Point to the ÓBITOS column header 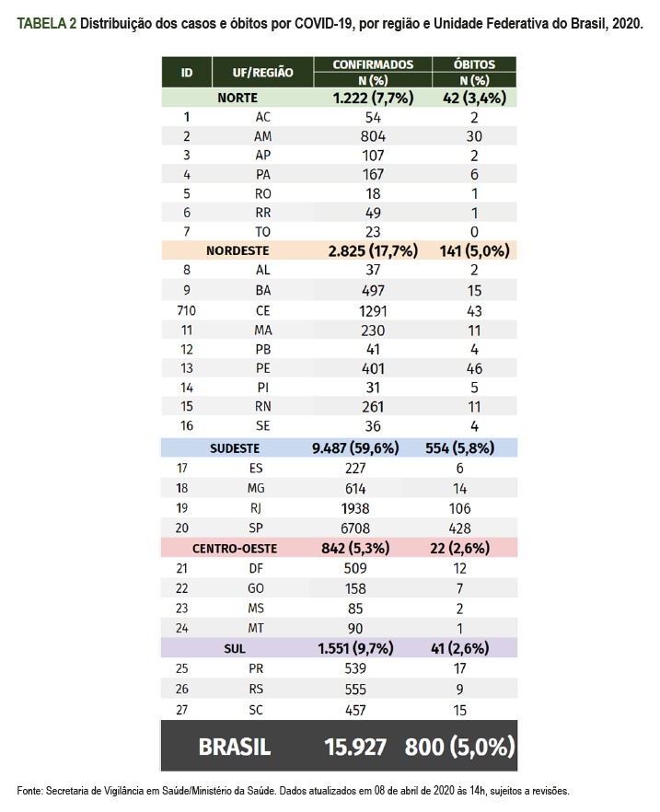click(475, 64)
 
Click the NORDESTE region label click(237, 249)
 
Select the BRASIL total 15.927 click(355, 747)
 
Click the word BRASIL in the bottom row click(235, 747)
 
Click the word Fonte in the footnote click(31, 791)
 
